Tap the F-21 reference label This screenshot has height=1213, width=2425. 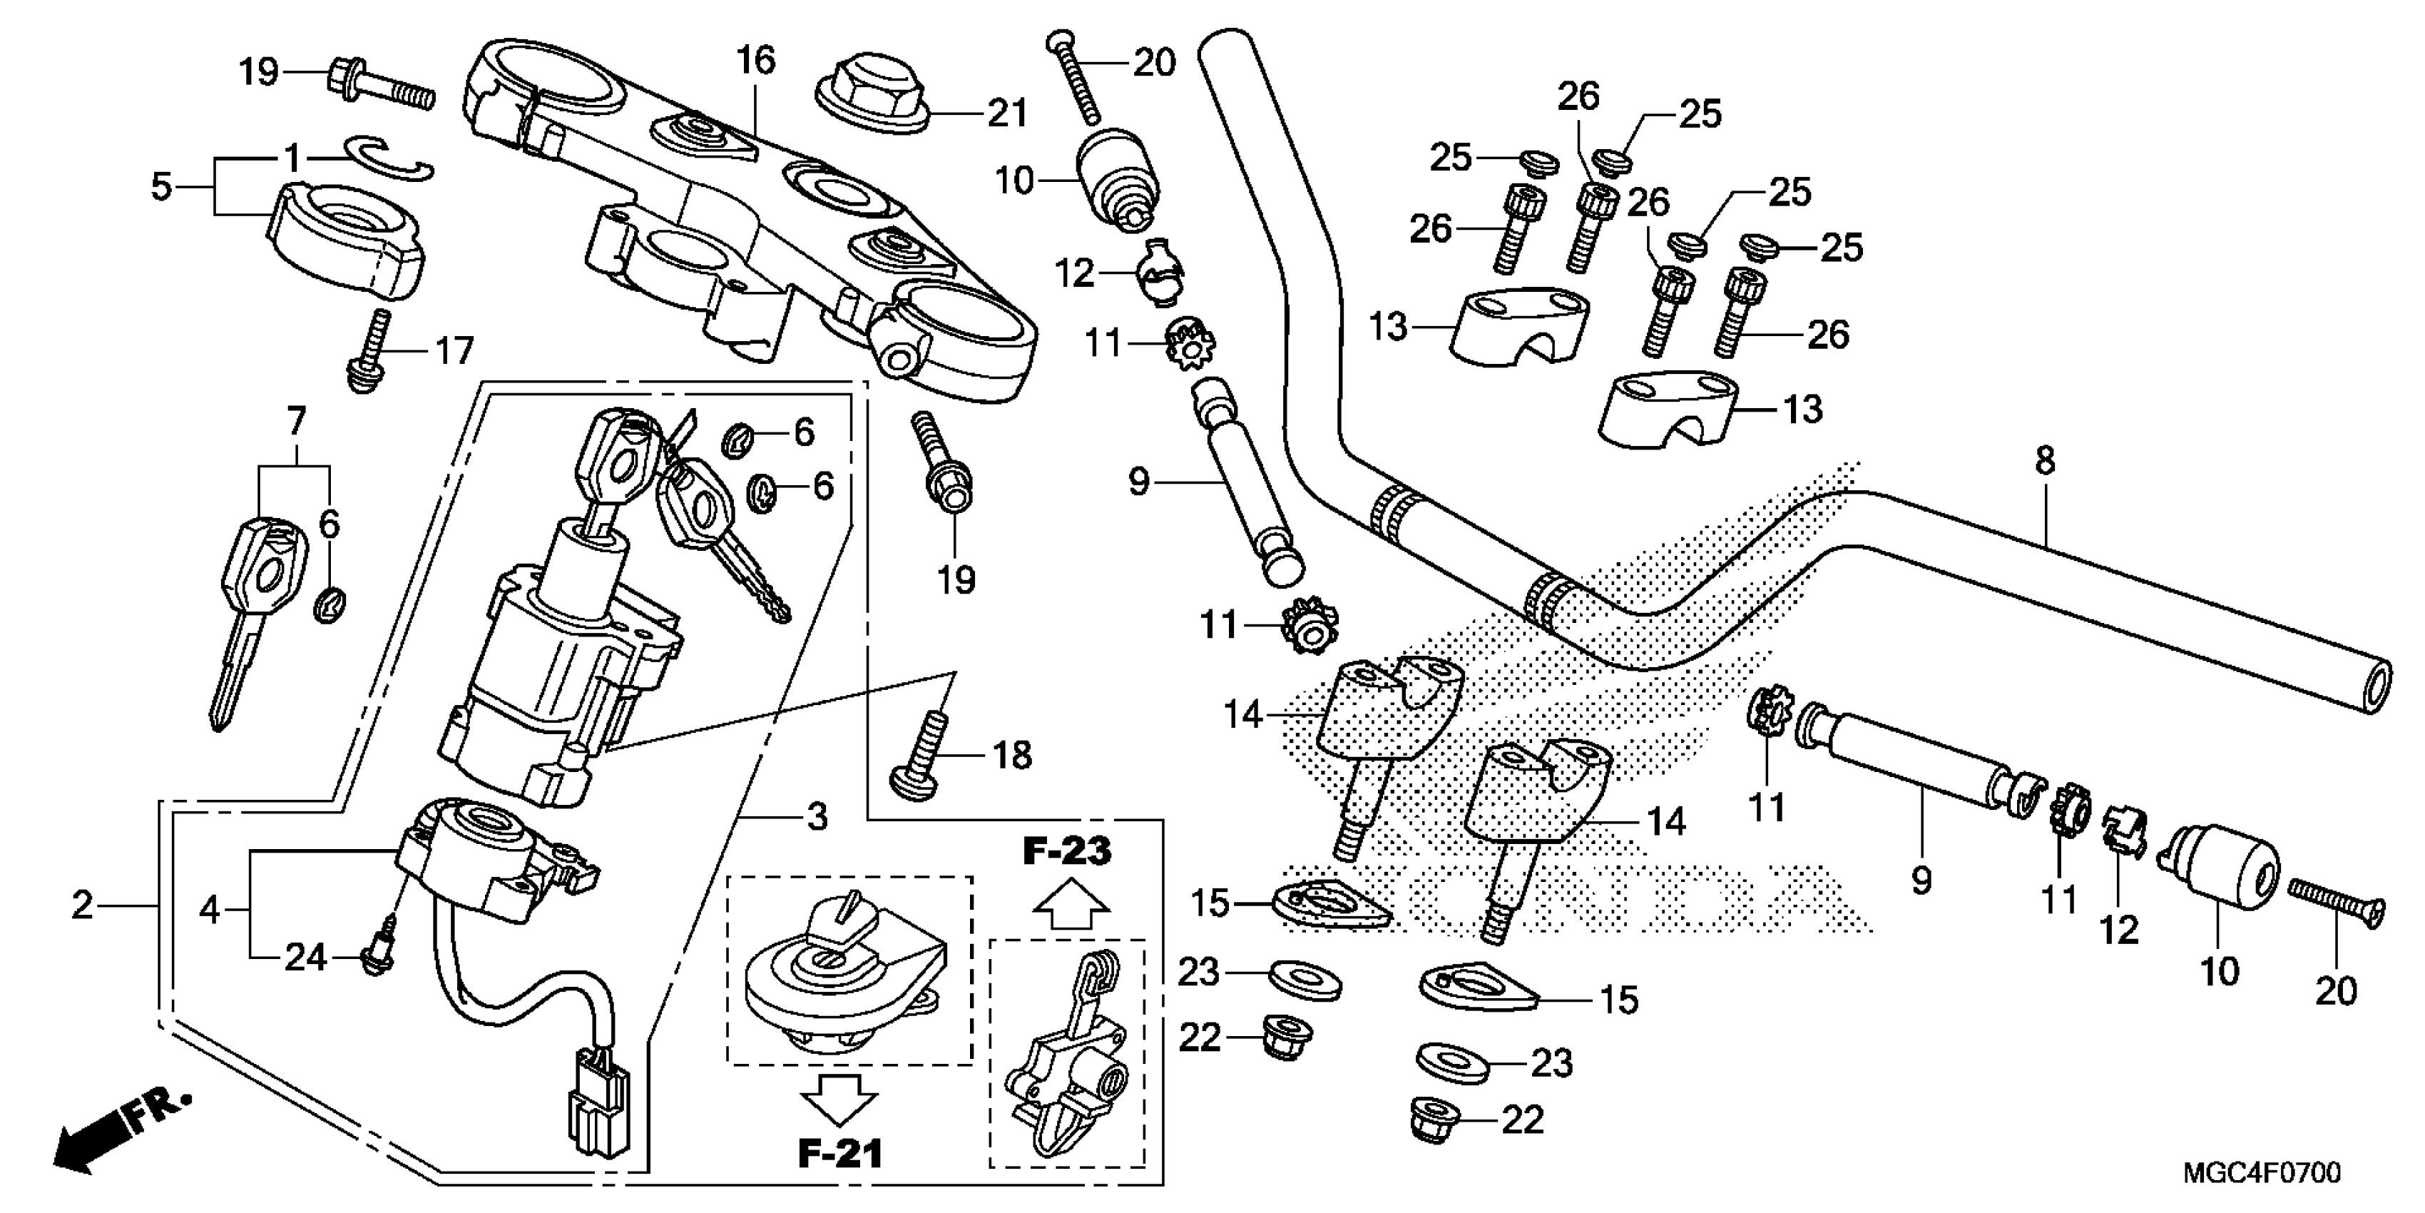[x=841, y=1154]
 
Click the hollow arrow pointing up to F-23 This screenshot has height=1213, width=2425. [x=1071, y=907]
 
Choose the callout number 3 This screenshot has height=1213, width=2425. [x=817, y=816]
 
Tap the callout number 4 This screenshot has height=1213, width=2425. [x=209, y=910]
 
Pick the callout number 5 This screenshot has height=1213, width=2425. [x=162, y=186]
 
